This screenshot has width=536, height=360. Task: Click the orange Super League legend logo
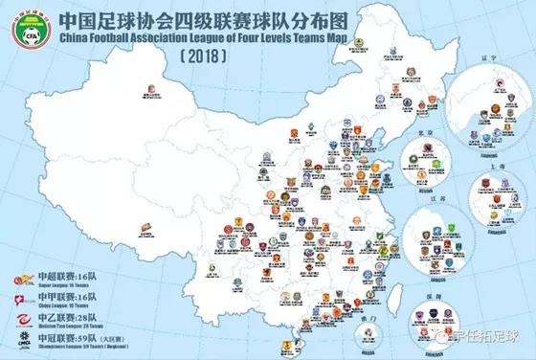pyautogui.click(x=17, y=280)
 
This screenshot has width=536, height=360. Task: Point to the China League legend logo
pyautogui.click(x=17, y=301)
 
